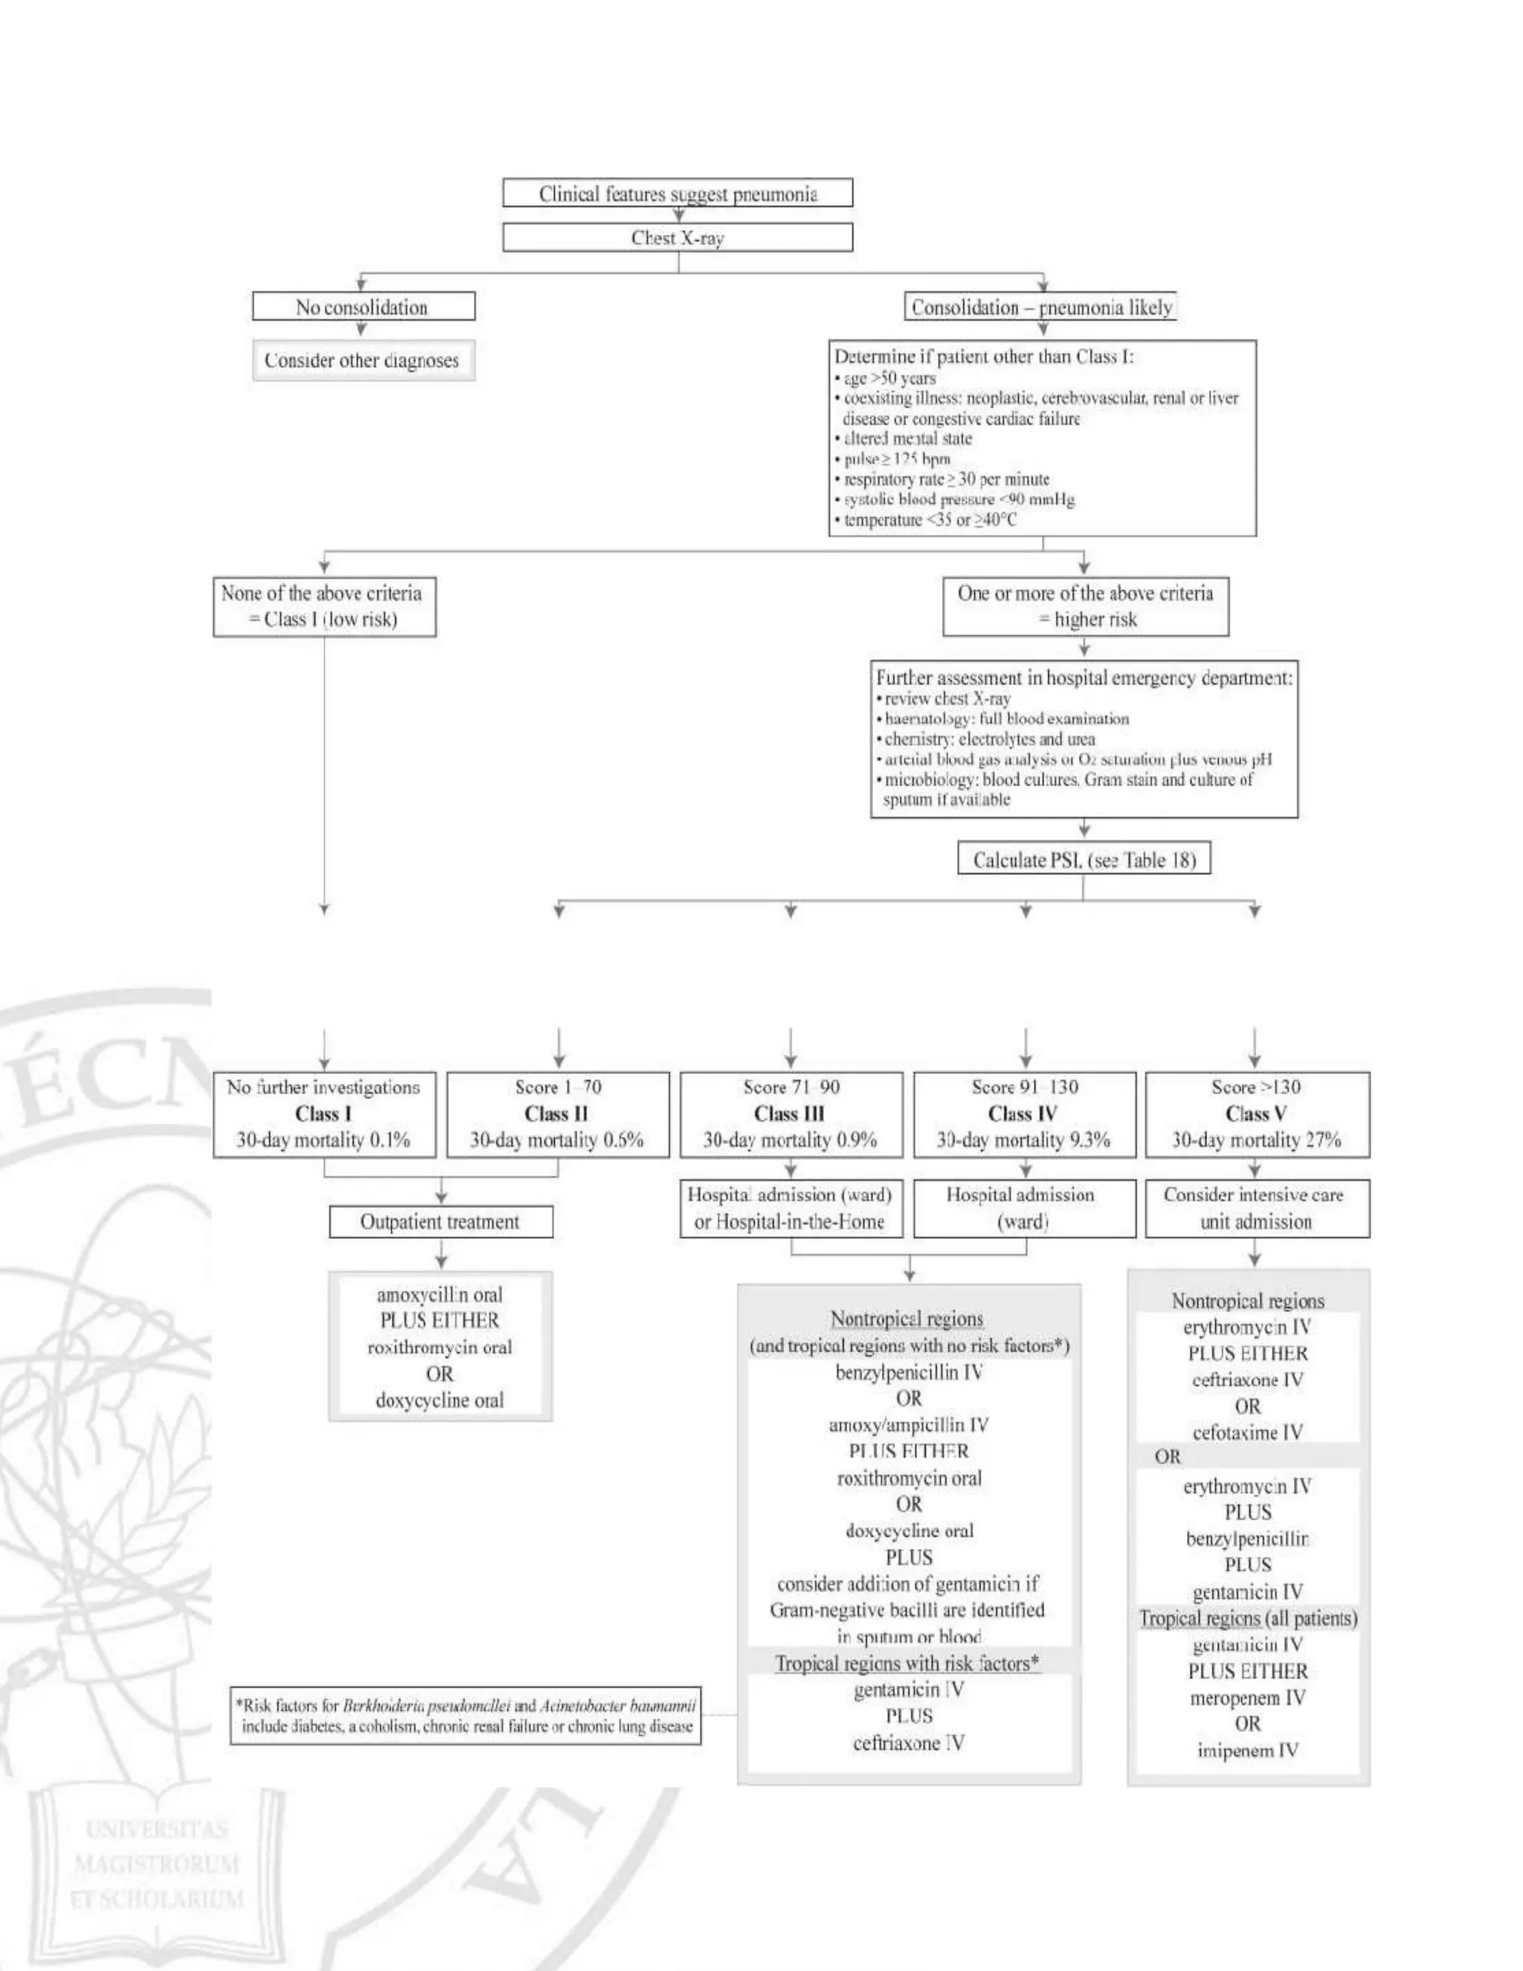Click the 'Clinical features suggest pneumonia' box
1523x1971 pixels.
click(x=677, y=193)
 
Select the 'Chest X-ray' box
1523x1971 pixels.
click(x=677, y=237)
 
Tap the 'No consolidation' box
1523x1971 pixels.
click(x=363, y=307)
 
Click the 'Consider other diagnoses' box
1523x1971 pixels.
click(x=363, y=360)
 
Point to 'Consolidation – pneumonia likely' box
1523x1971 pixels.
click(x=1041, y=307)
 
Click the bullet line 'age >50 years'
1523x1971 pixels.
click(x=889, y=378)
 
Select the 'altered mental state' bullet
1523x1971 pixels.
click(x=907, y=439)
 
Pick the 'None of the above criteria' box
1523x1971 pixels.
click(x=324, y=606)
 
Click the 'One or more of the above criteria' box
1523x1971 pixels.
click(x=1086, y=606)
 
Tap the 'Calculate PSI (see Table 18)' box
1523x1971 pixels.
click(x=1084, y=859)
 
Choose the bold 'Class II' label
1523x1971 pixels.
click(x=557, y=1113)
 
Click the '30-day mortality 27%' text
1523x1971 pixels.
click(x=1256, y=1139)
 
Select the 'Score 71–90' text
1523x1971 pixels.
click(x=791, y=1087)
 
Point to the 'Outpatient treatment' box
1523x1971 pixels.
click(x=440, y=1222)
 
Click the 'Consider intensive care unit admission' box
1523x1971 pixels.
click(x=1256, y=1209)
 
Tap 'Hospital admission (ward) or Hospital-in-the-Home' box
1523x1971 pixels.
click(x=791, y=1209)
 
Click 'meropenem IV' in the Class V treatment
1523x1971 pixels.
click(x=1247, y=1697)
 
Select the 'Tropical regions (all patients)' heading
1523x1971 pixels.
click(x=1248, y=1618)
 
